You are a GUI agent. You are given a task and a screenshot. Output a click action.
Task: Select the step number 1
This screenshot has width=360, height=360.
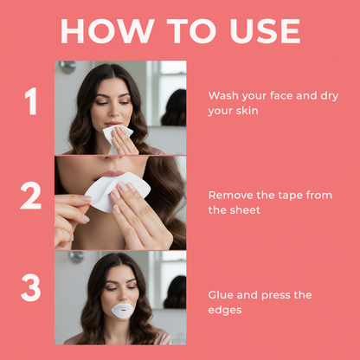click(32, 103)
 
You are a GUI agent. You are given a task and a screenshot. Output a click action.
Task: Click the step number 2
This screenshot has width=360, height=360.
click(31, 196)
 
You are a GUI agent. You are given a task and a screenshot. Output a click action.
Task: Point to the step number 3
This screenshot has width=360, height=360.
click(31, 289)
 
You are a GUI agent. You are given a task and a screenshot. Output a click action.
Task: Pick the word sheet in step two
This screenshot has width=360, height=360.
click(247, 209)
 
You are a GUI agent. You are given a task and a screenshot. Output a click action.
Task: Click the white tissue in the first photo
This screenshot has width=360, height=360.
click(116, 136)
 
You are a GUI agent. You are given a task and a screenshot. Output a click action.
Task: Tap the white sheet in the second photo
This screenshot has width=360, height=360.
click(116, 190)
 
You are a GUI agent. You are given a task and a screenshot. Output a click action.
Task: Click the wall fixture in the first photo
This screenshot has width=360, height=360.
click(67, 67)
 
